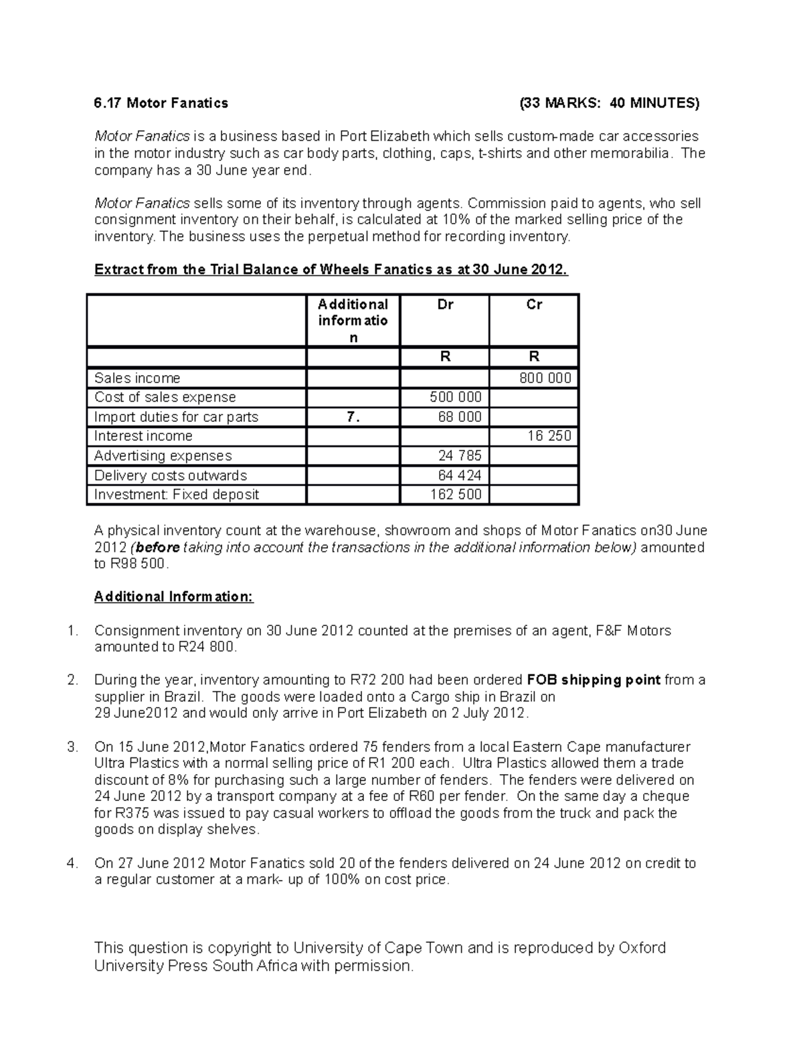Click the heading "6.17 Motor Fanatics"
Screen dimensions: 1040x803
[x=161, y=103]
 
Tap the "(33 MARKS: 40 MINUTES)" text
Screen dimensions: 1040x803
[x=610, y=103]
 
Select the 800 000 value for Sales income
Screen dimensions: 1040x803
[x=545, y=378]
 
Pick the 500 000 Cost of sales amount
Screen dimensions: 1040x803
[x=455, y=398]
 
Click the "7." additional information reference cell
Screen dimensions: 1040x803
[x=353, y=417]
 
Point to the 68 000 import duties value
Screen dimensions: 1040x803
[x=460, y=417]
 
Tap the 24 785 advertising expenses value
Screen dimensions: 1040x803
[x=460, y=456]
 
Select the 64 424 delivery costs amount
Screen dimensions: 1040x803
[x=460, y=475]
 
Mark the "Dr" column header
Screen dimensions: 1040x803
[x=445, y=305]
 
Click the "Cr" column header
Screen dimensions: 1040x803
[x=534, y=305]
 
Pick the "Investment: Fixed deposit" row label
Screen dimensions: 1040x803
[x=177, y=495]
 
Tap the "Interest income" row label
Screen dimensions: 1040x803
[x=143, y=437]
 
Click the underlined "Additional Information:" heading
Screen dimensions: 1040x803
[x=174, y=597]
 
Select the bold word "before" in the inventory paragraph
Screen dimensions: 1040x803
[x=158, y=548]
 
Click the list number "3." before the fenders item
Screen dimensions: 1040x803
[x=73, y=747]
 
